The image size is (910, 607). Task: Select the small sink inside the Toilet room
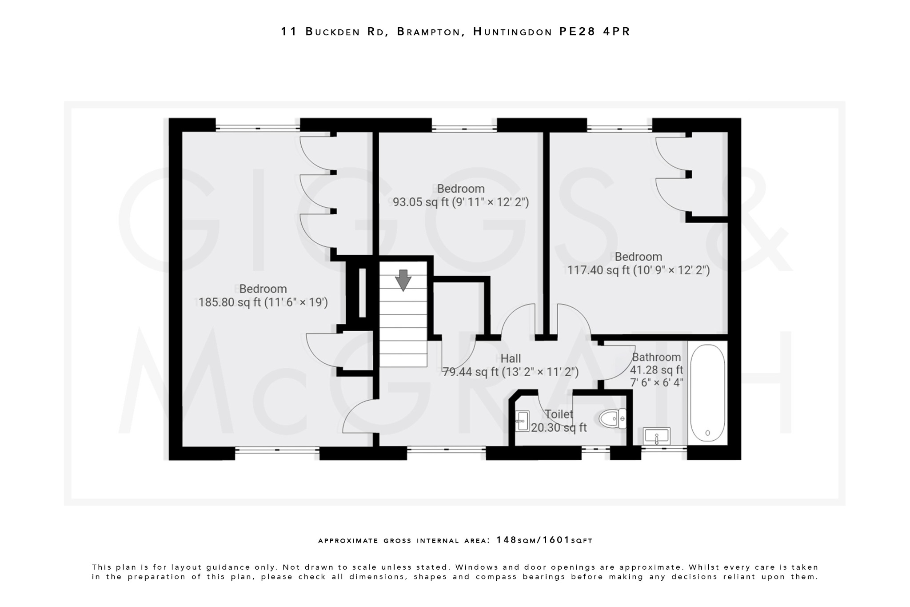[522, 421]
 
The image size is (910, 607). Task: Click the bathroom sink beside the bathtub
[656, 436]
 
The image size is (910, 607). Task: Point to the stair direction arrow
[403, 280]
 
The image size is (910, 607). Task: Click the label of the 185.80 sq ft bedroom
[263, 289]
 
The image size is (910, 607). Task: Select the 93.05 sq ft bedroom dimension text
[461, 202]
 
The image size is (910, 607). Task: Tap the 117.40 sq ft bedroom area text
[638, 270]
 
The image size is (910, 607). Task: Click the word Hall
[511, 358]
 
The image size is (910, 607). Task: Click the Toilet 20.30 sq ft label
[559, 421]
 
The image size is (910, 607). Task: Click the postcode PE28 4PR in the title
[595, 32]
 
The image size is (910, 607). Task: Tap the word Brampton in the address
[428, 32]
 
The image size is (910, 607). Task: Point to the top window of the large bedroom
[258, 128]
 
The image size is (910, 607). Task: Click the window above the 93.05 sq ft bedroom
[464, 129]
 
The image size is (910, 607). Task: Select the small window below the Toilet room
[595, 450]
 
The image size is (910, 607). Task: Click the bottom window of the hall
[446, 450]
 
